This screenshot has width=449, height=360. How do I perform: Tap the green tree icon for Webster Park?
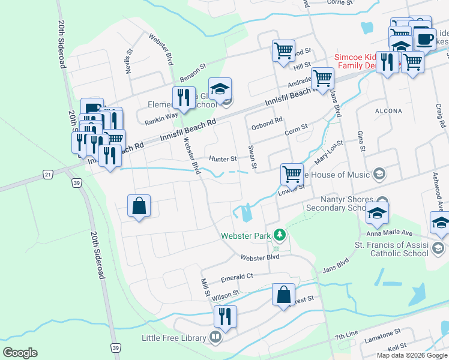point(279,234)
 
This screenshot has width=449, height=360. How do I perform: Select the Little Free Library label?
point(173,338)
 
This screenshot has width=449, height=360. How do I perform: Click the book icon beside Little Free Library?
point(215,337)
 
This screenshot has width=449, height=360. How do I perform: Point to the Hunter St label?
point(223,159)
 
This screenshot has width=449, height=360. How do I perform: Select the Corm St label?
point(296,128)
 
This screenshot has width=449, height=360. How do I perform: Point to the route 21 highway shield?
point(49,174)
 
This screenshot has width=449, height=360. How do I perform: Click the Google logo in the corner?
point(20,353)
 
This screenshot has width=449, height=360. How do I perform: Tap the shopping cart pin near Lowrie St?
point(292,175)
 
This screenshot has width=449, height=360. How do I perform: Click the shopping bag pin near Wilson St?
point(283,295)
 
